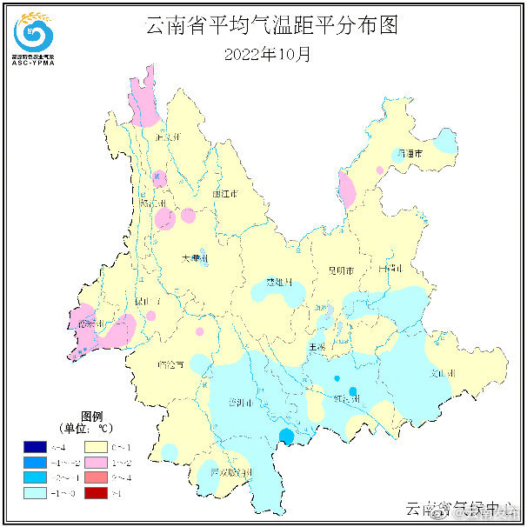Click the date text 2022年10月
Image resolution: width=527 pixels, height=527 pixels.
point(267,54)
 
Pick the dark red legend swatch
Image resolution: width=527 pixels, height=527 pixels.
point(97,493)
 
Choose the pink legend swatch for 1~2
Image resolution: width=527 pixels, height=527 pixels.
point(97,462)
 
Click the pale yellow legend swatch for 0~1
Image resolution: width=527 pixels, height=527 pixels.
point(97,446)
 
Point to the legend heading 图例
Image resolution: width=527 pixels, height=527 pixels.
point(92,416)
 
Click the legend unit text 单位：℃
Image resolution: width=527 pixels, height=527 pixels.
point(86,429)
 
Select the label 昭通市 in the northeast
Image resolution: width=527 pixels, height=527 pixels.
point(409,153)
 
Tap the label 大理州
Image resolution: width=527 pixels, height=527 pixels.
point(195,258)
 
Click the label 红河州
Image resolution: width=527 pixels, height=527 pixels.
point(346,399)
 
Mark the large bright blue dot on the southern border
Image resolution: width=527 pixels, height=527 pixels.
point(285,436)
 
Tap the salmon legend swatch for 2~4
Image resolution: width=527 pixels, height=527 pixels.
point(97,477)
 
